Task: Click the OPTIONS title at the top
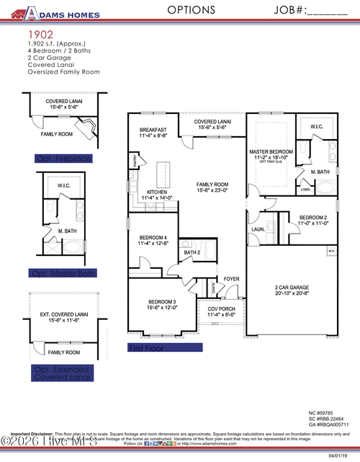pyautogui.click(x=191, y=10)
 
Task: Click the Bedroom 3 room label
pyautogui.click(x=163, y=301)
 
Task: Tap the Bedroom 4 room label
pyautogui.click(x=153, y=238)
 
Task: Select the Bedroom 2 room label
pyautogui.click(x=313, y=217)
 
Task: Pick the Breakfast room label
pyautogui.click(x=153, y=130)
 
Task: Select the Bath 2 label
pyautogui.click(x=192, y=252)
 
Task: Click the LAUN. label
pyautogui.click(x=257, y=230)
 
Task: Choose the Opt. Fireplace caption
pyautogui.click(x=63, y=158)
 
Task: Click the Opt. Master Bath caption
pyautogui.click(x=63, y=273)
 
